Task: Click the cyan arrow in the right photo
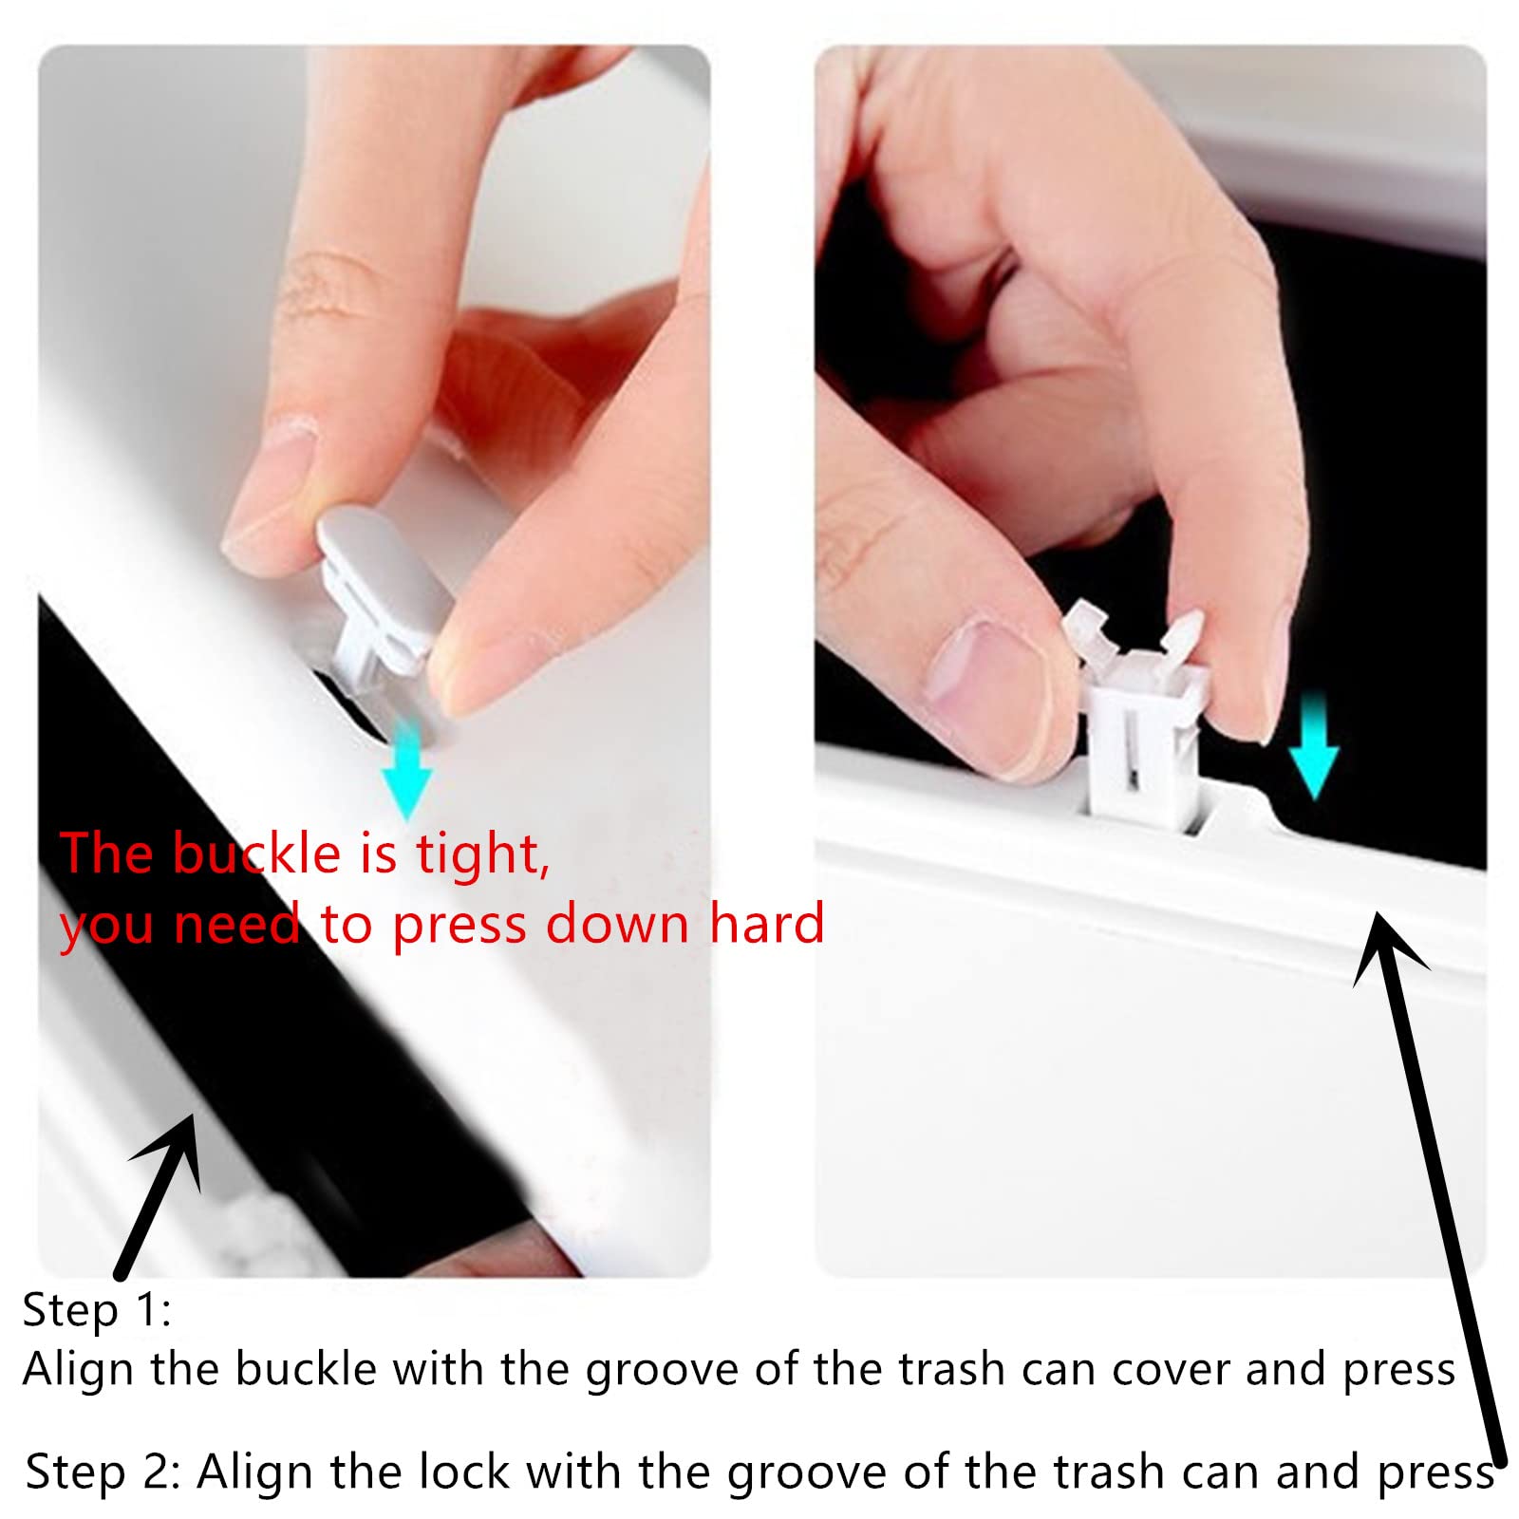coord(1313,744)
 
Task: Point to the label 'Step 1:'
coord(97,1310)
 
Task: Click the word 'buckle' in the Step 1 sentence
coord(306,1369)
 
